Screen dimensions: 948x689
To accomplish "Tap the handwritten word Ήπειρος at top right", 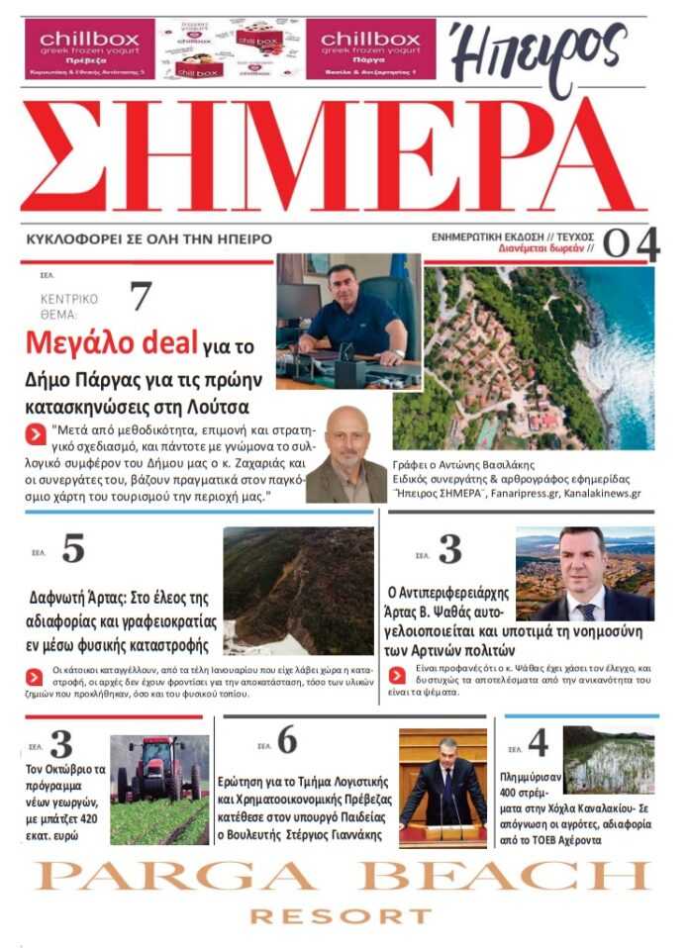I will click(x=540, y=54).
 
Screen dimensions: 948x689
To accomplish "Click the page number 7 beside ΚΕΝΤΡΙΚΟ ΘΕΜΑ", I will click(x=142, y=296).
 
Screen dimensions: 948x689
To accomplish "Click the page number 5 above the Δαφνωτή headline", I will click(x=72, y=548).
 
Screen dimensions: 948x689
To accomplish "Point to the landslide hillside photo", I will click(x=298, y=590).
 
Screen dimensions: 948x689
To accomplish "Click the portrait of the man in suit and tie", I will click(x=584, y=575).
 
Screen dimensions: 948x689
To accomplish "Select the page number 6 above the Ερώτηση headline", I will click(x=286, y=739).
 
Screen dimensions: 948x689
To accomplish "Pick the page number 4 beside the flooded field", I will click(x=538, y=744).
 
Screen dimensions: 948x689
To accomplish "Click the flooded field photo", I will click(x=608, y=761).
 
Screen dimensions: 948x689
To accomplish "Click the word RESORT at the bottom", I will click(x=341, y=917).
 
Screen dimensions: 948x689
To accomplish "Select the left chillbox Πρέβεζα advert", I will click(x=89, y=48).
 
